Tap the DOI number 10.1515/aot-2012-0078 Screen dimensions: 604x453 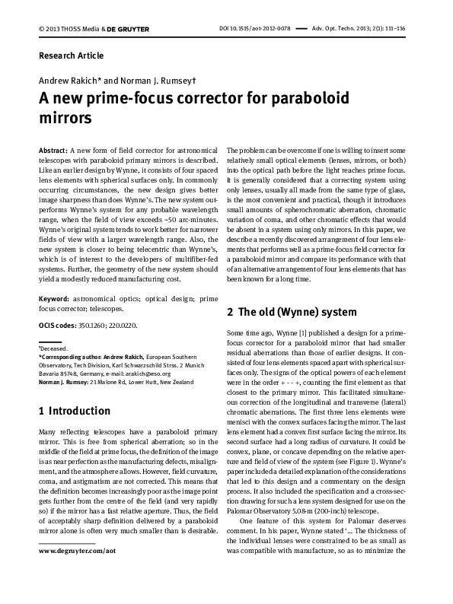point(255,28)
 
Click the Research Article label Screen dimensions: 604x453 point(71,56)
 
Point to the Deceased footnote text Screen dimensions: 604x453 point(54,348)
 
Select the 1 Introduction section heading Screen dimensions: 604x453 point(75,412)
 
